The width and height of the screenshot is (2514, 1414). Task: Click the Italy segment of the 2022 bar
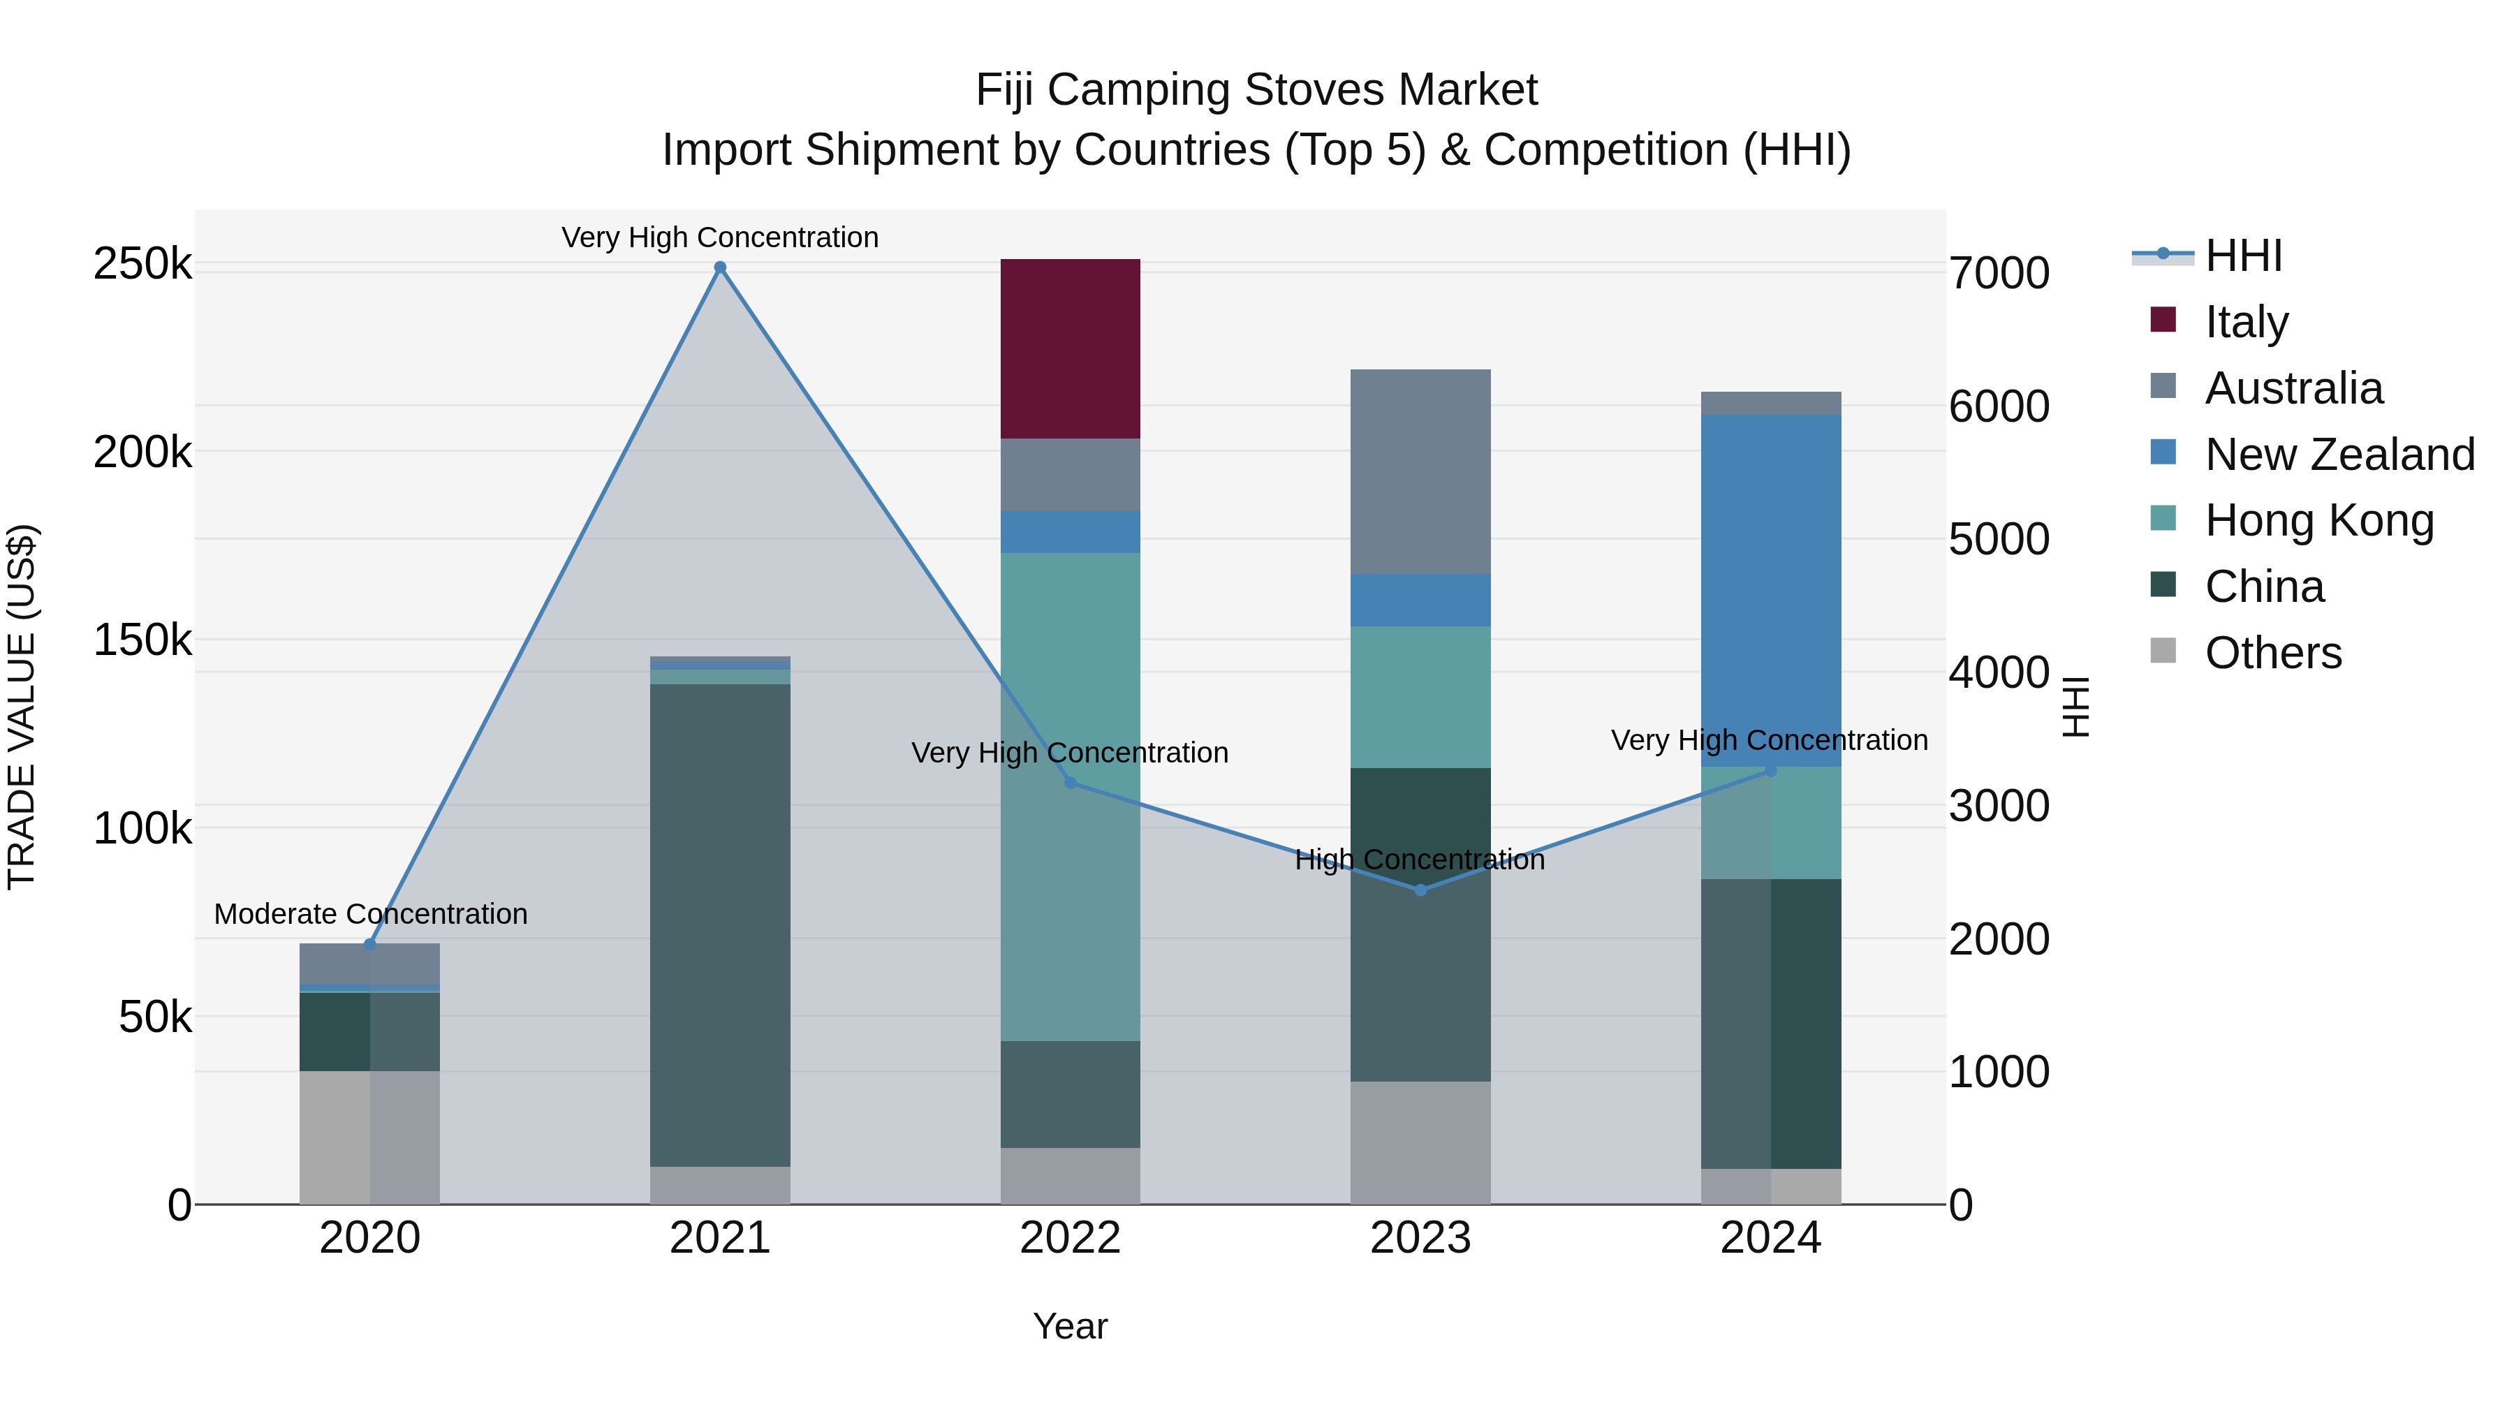(x=1070, y=348)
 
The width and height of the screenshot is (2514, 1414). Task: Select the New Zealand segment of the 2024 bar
(x=1770, y=590)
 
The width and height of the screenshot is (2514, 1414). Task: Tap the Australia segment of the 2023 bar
(x=1420, y=471)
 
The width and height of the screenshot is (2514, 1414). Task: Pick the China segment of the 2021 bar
(x=720, y=925)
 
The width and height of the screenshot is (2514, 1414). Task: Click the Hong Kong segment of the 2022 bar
(x=1070, y=796)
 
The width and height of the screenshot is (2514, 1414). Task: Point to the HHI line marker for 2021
(x=720, y=267)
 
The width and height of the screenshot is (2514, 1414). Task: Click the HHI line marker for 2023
(x=1420, y=890)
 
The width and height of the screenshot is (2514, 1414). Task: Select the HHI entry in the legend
(x=2242, y=256)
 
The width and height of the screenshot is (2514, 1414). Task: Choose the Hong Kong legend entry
(x=2318, y=520)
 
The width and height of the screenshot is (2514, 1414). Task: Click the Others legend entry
(x=2273, y=653)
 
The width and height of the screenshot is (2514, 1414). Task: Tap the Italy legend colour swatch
(x=2163, y=320)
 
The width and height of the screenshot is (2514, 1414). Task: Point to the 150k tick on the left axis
(x=142, y=641)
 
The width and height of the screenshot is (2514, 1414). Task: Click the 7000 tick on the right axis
(x=1999, y=273)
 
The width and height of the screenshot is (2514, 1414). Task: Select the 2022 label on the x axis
(x=1070, y=1238)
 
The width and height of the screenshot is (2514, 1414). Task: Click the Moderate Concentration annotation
(x=371, y=914)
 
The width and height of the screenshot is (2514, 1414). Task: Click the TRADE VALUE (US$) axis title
(x=22, y=707)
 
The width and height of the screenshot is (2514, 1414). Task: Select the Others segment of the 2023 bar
(x=1420, y=1142)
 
